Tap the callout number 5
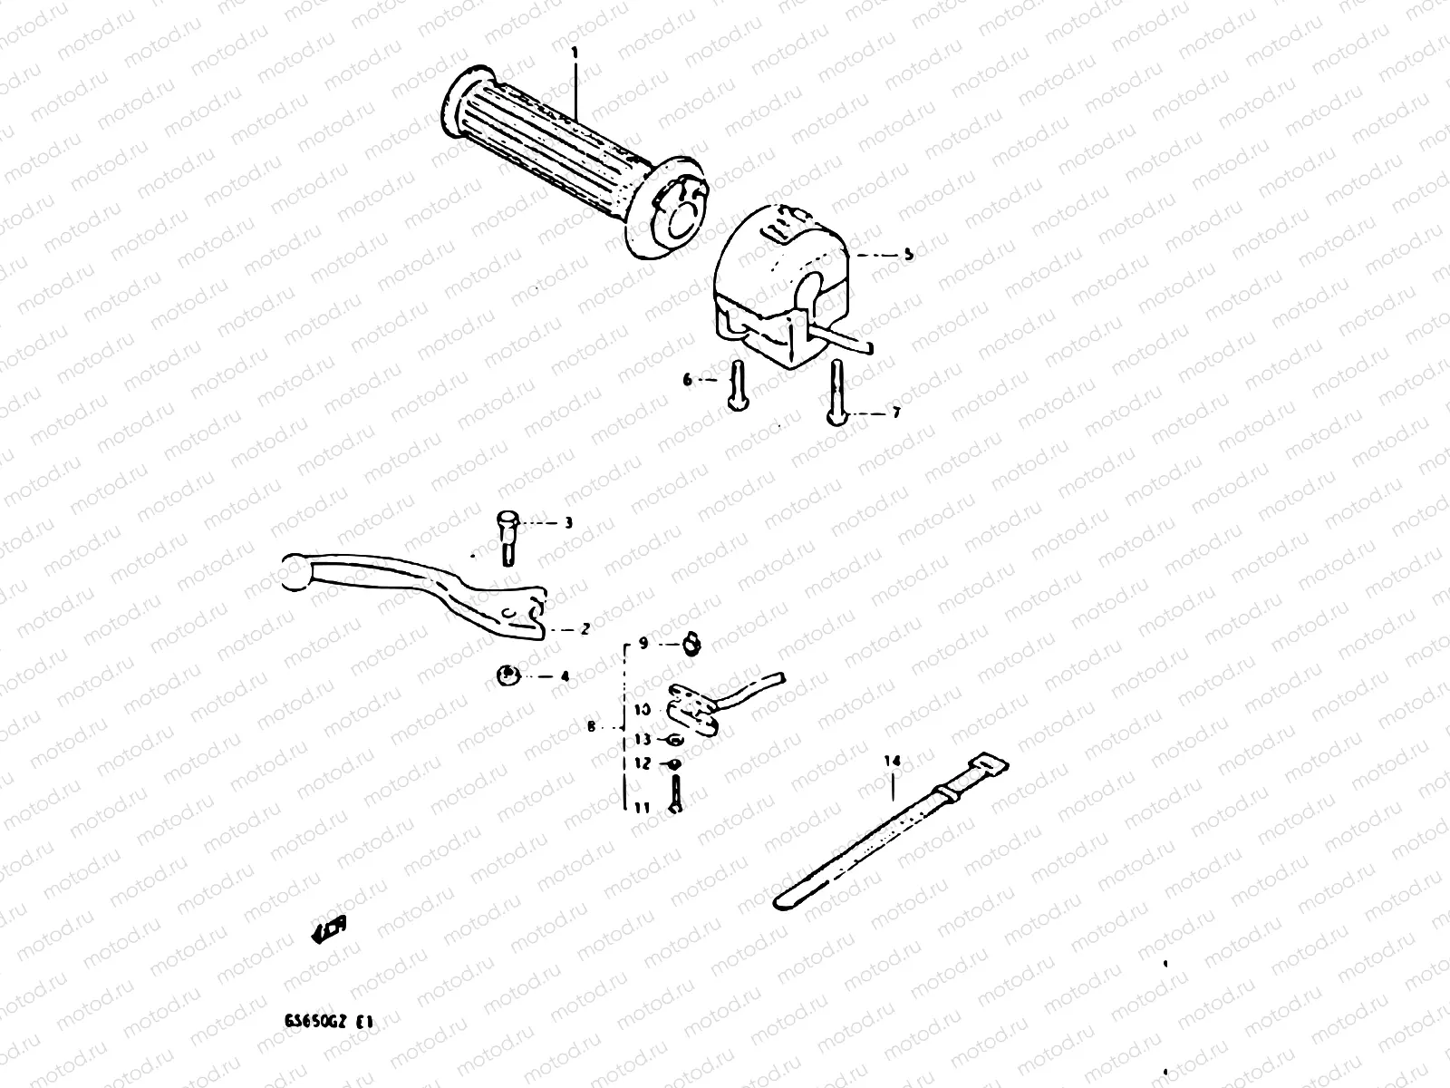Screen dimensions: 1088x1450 pos(908,255)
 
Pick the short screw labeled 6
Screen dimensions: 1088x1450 pos(737,396)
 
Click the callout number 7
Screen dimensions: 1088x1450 pos(895,413)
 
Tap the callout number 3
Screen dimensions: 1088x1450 pos(569,523)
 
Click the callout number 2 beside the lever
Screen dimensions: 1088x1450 pos(585,628)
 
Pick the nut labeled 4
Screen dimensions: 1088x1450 pos(508,675)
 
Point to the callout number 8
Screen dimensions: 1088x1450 pos(591,726)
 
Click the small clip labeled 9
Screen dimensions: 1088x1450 pos(693,645)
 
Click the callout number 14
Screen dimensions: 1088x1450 pos(892,763)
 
